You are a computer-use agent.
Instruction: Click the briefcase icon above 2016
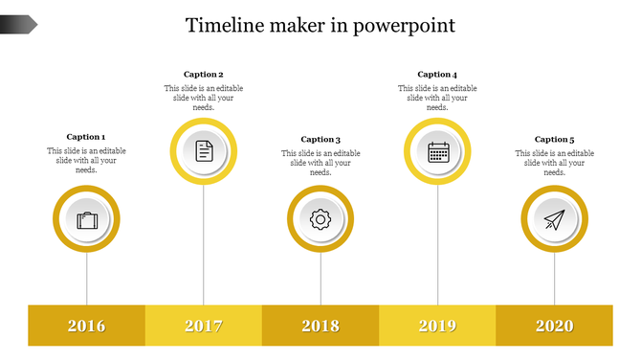(87, 220)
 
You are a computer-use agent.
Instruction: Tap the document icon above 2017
(204, 150)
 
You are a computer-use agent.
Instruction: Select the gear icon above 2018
(320, 220)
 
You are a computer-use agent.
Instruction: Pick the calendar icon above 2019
(438, 150)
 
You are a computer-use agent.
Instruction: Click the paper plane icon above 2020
(555, 220)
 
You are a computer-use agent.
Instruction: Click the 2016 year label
(87, 326)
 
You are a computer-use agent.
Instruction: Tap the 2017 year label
(204, 326)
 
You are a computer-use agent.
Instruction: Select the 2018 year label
(320, 326)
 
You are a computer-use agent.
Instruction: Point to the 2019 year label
(438, 326)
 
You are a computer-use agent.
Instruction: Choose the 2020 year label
(555, 326)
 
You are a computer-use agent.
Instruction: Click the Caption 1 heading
(86, 137)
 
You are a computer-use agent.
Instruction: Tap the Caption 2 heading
(203, 74)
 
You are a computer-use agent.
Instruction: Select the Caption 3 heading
(320, 140)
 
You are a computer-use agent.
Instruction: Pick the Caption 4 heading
(437, 74)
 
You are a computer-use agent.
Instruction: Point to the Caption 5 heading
(554, 140)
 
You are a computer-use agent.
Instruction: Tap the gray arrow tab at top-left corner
(18, 24)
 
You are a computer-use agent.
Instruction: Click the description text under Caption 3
(320, 163)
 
